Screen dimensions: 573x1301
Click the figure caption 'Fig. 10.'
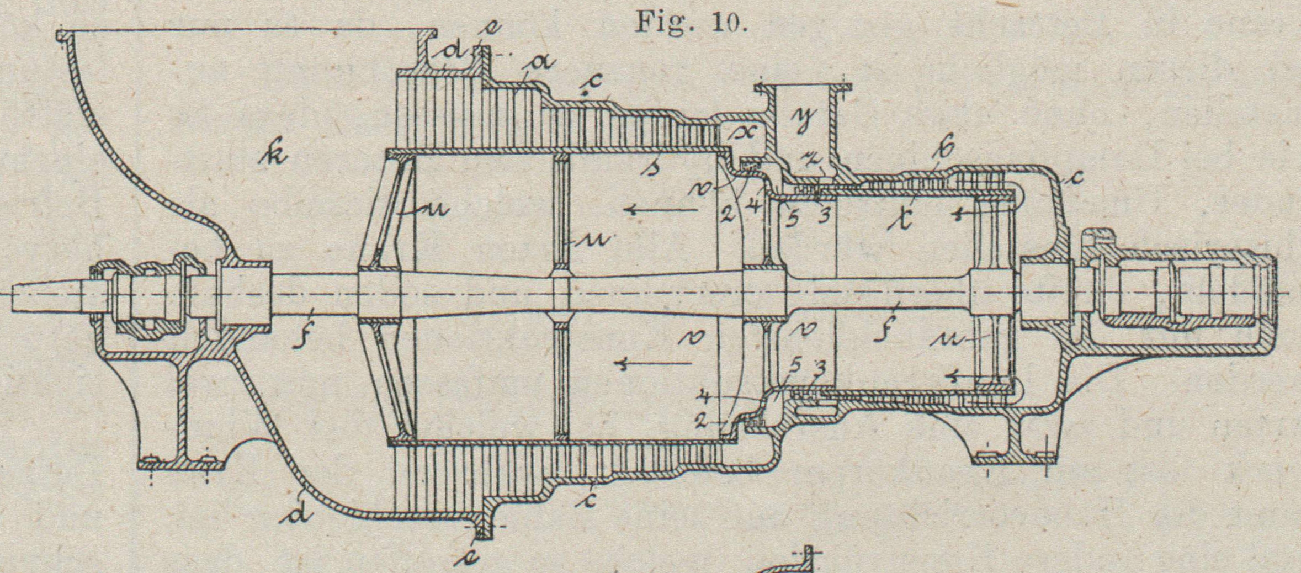point(692,23)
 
